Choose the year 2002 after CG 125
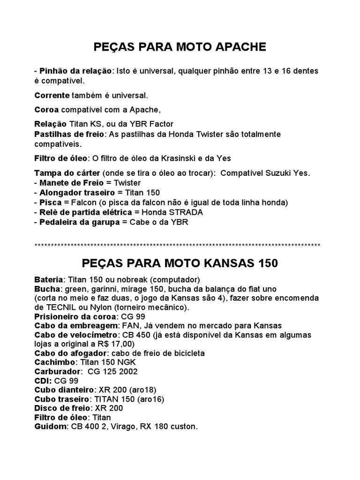point(128,371)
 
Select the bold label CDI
point(43,380)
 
